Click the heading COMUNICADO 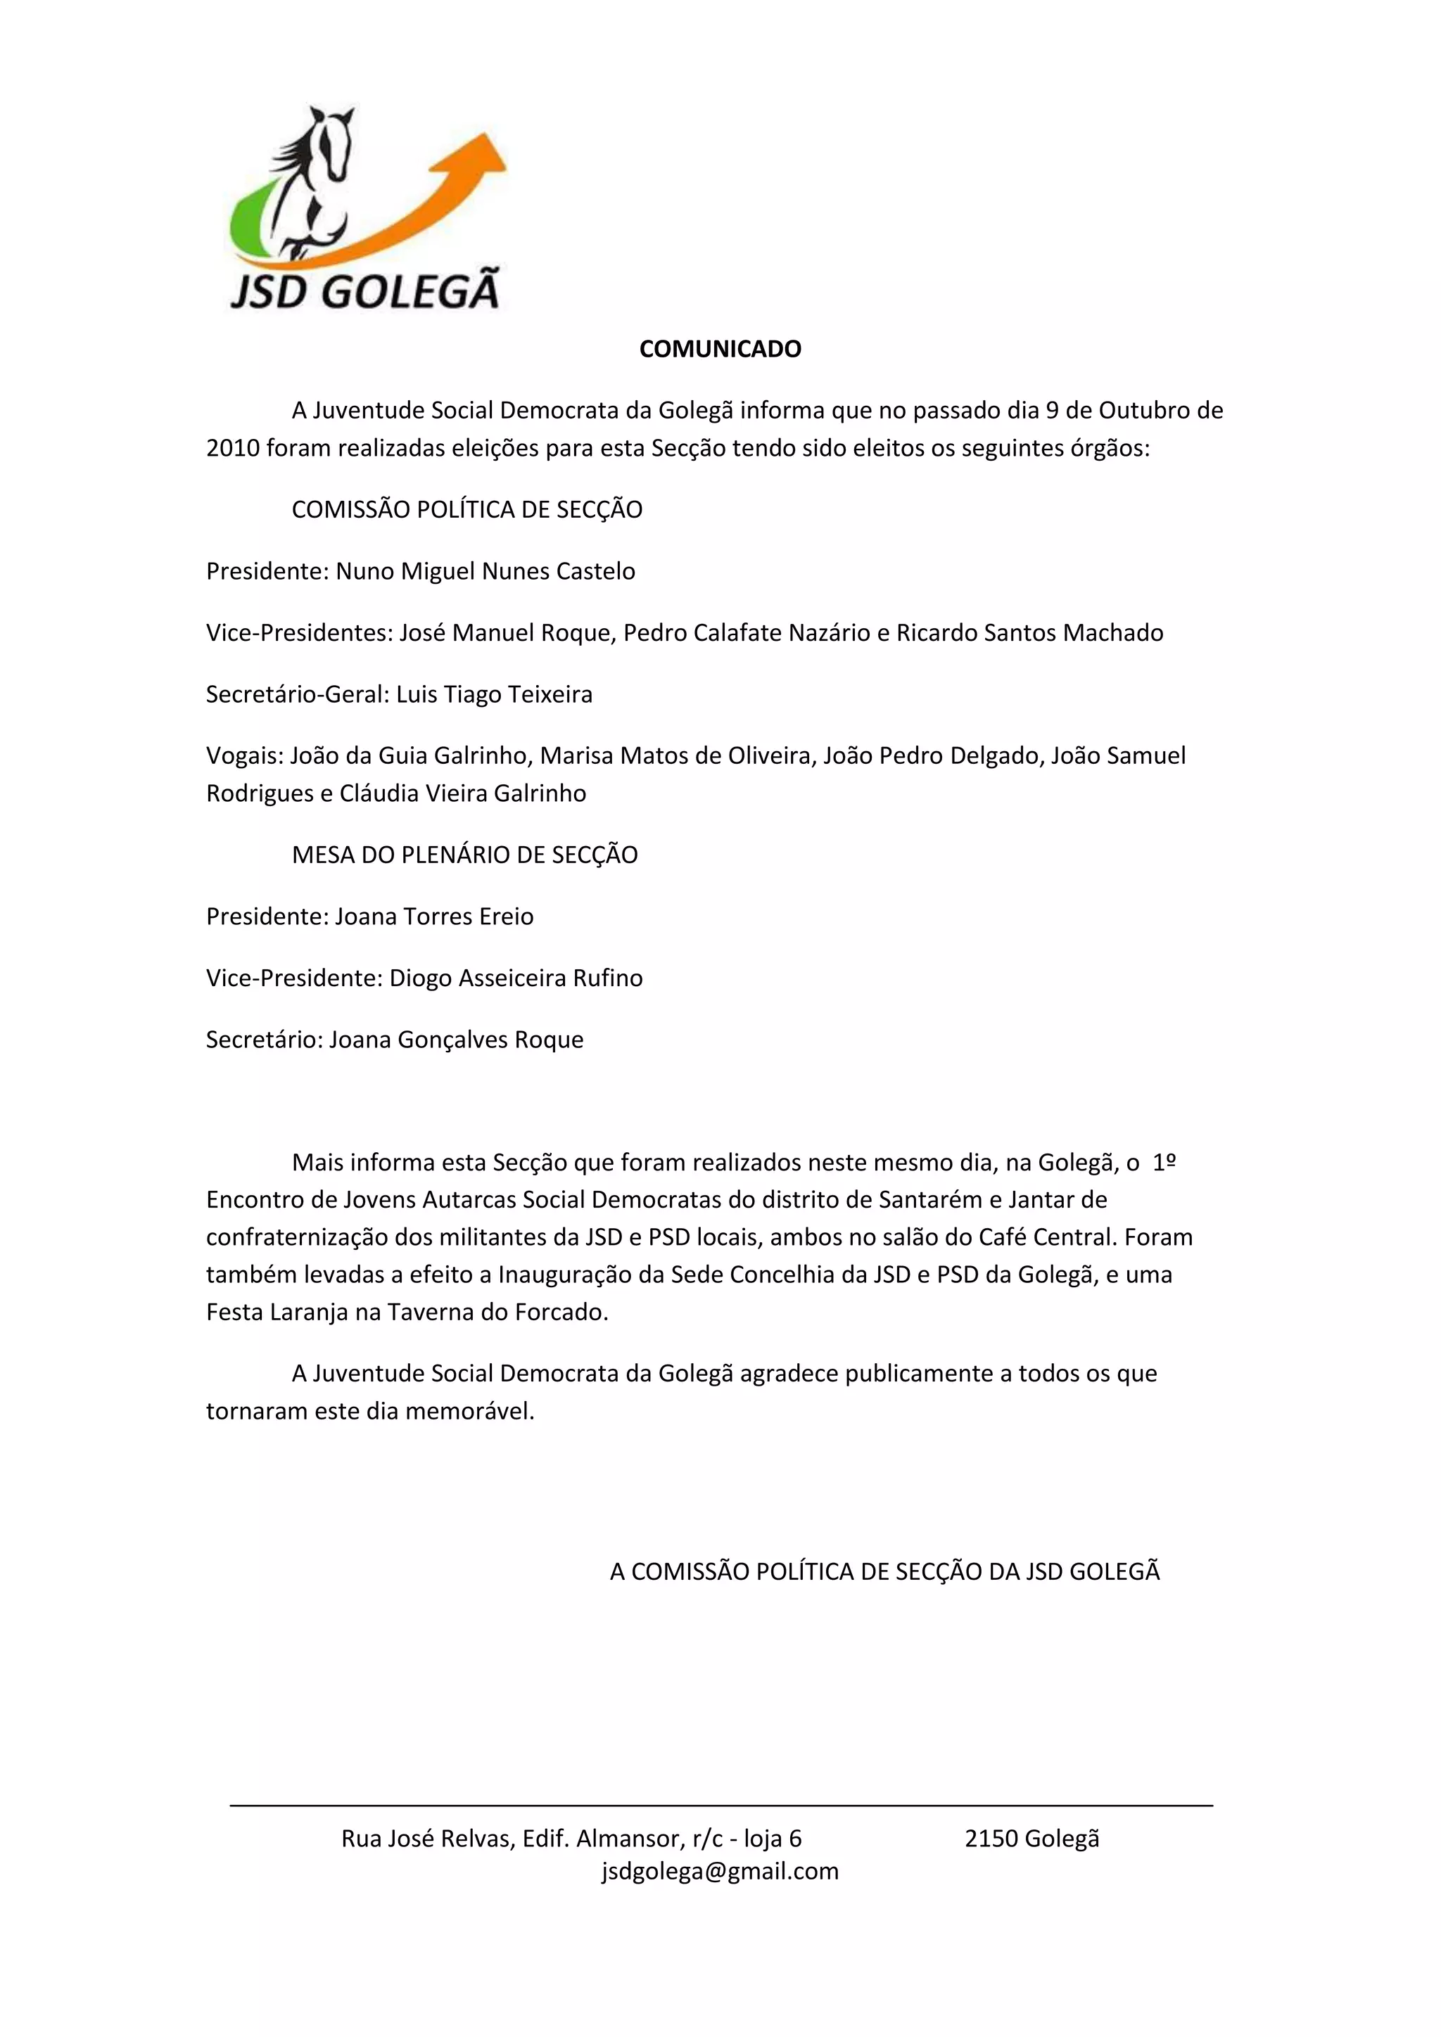tap(720, 349)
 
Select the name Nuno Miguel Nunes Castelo tap(485, 570)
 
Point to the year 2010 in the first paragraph tap(232, 448)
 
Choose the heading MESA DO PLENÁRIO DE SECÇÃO tap(465, 855)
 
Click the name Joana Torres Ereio tap(434, 916)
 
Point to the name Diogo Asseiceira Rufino tap(516, 978)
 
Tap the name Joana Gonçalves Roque tap(456, 1039)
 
